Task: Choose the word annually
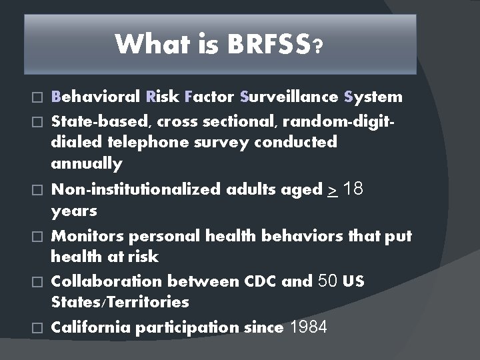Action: [x=87, y=163]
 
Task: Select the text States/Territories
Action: [x=120, y=302]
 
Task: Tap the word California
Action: [x=92, y=327]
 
